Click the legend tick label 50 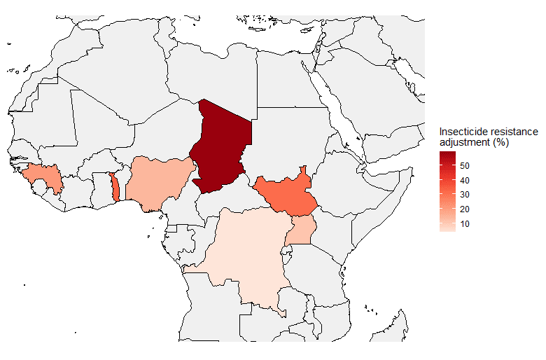(465, 165)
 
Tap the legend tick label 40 (465, 180)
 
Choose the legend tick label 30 (465, 195)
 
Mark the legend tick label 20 (465, 209)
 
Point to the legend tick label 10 (465, 223)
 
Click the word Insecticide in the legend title (462, 132)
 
